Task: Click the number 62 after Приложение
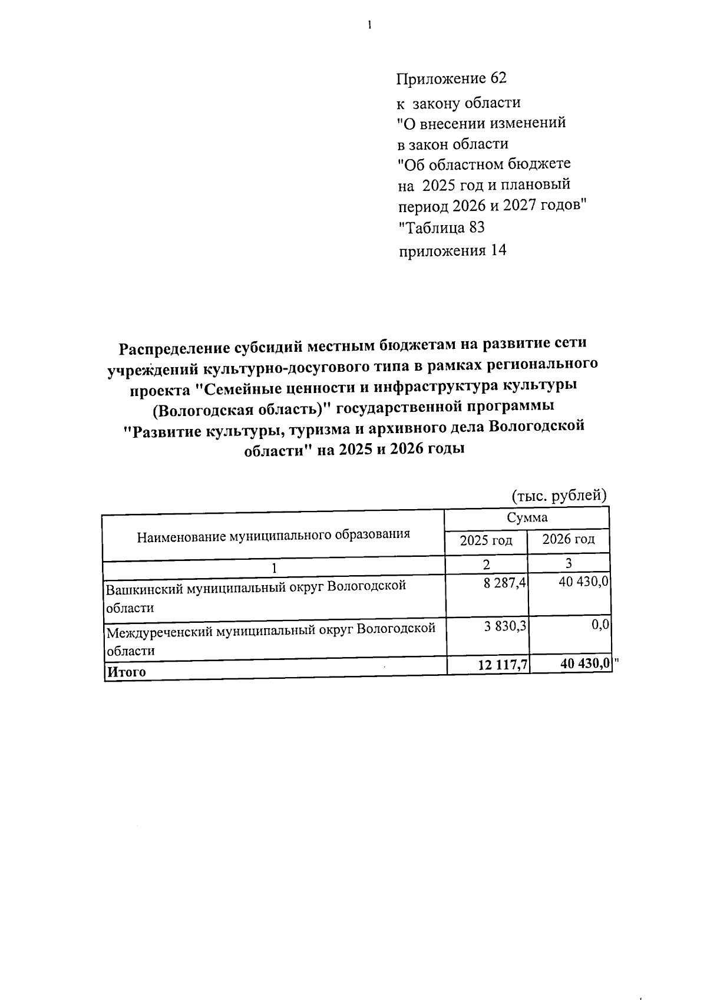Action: point(498,78)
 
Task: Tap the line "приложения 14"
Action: point(452,250)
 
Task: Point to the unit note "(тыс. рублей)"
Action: point(559,495)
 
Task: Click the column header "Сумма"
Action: point(527,517)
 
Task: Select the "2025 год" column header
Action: point(486,540)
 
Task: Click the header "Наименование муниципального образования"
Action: point(273,536)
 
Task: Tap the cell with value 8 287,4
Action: point(505,584)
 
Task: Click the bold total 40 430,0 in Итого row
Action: point(584,664)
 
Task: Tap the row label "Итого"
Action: point(125,672)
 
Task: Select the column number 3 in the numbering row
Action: point(569,563)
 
